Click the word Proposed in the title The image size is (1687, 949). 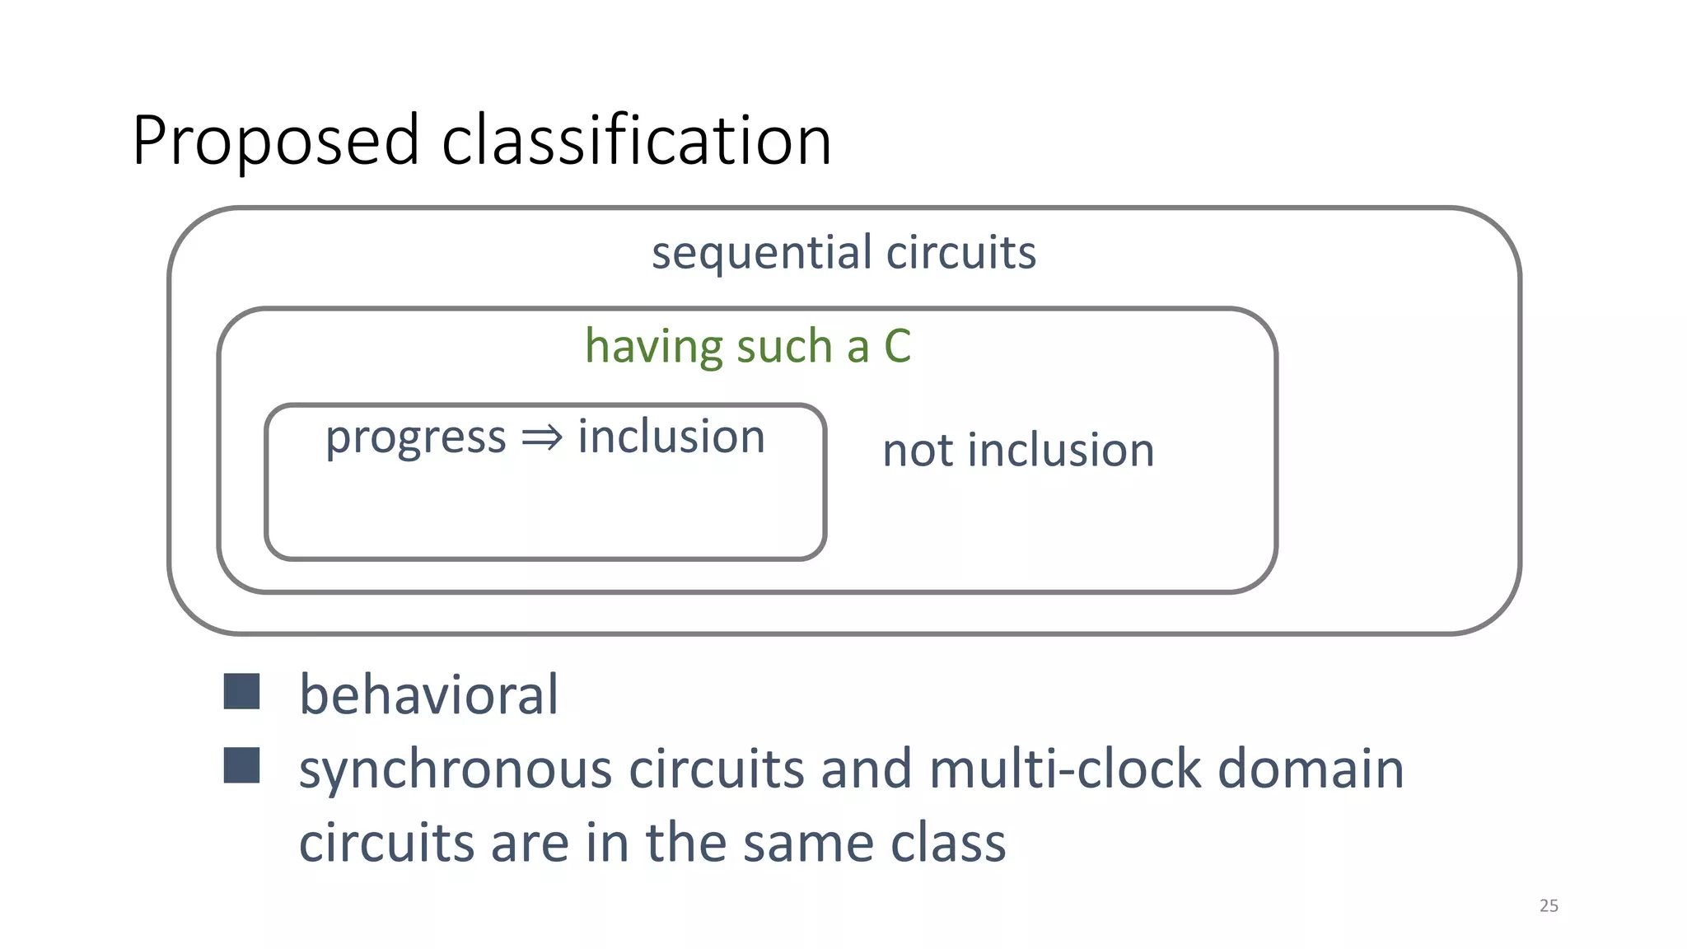pyautogui.click(x=276, y=142)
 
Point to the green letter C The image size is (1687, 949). pyautogui.click(x=897, y=346)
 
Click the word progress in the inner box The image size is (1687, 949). pyautogui.click(x=415, y=437)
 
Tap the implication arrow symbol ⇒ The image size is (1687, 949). pyautogui.click(x=542, y=437)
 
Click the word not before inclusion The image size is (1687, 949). pyautogui.click(x=918, y=451)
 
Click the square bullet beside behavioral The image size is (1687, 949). pyautogui.click(x=241, y=691)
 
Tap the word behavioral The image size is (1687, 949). pyautogui.click(x=428, y=694)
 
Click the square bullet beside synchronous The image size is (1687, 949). pyautogui.click(x=241, y=765)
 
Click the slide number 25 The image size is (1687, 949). pyautogui.click(x=1549, y=905)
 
